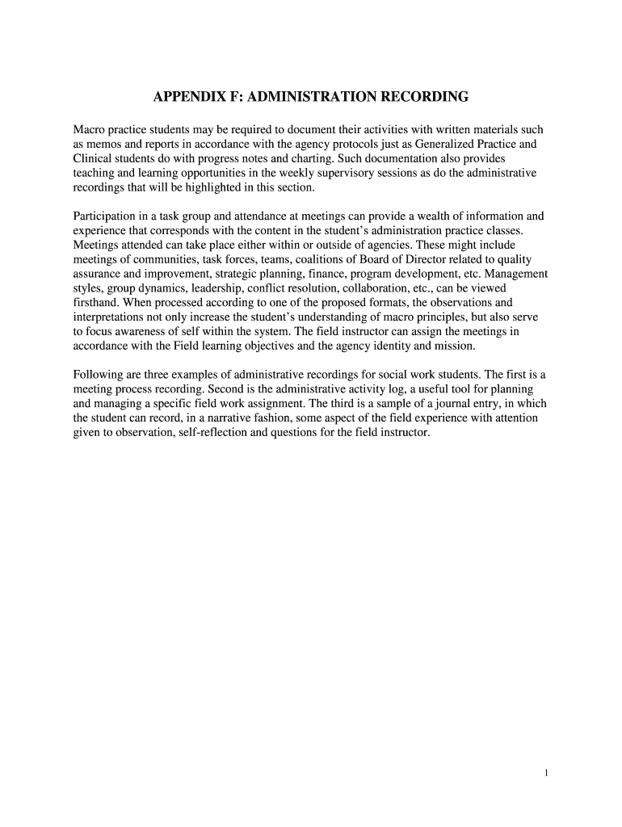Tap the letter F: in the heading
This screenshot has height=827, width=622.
click(x=234, y=98)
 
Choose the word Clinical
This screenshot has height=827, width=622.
click(x=94, y=159)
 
